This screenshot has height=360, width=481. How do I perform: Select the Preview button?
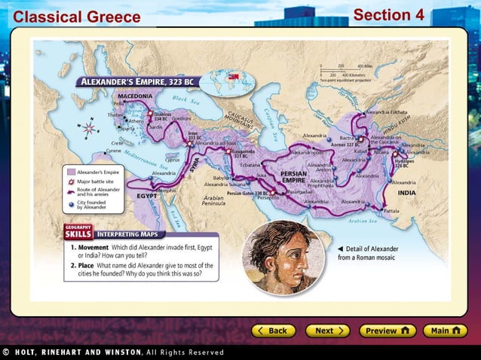[387, 331]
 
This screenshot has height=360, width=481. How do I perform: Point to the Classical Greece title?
[77, 17]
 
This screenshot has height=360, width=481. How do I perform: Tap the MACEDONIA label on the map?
[134, 96]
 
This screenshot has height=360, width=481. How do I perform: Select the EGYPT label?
[146, 195]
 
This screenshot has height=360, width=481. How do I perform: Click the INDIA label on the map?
[406, 193]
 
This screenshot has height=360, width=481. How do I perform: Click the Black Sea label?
[183, 99]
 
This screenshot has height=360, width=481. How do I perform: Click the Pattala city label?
[391, 211]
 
